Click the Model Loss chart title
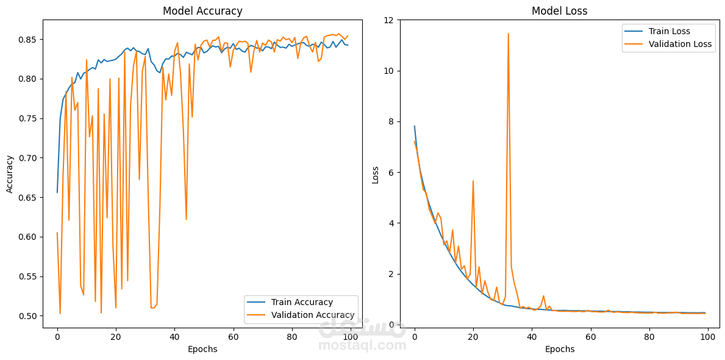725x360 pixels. point(559,11)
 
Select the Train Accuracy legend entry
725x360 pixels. point(302,302)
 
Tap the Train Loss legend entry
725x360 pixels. point(673,31)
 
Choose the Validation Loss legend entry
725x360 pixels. point(680,44)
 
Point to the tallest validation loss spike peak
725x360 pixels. point(508,34)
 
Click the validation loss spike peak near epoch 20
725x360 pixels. point(473,181)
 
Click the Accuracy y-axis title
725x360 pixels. point(10,174)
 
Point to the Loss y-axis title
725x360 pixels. point(376,175)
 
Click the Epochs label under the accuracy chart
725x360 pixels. point(202,350)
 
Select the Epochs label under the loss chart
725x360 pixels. point(559,350)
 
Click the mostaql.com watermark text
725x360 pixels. point(362,345)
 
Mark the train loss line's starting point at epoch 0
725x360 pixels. point(415,126)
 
